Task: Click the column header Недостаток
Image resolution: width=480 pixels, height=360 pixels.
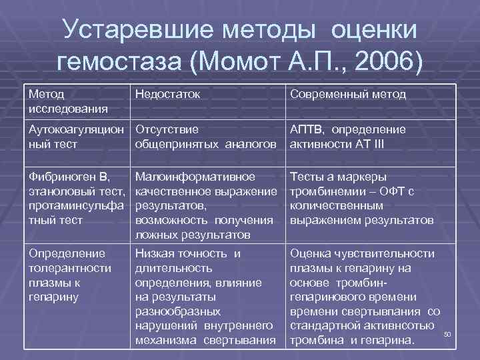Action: coord(167,94)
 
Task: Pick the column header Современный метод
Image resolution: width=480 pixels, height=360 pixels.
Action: coord(347,94)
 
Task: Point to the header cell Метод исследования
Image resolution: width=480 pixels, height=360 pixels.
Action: coord(67,101)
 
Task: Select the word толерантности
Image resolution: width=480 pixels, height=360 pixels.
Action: coord(67,267)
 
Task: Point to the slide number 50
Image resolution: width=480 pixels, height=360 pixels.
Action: coord(447,333)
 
